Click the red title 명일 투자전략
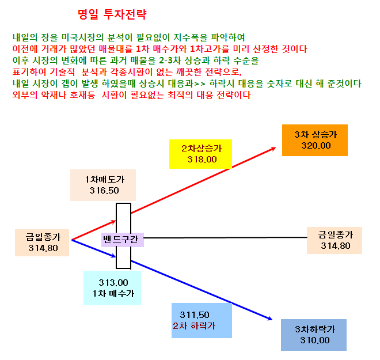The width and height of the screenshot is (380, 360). coord(112,14)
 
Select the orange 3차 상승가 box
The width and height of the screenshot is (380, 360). coord(315,140)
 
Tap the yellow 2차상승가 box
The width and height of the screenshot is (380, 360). coord(200,154)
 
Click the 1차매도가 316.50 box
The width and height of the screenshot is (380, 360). coord(103,185)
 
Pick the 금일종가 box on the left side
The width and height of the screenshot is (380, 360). coord(42,242)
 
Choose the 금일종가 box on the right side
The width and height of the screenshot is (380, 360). coord(335,240)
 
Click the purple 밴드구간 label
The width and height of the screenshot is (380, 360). coord(123,240)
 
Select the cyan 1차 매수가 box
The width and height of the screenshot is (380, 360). coord(112,288)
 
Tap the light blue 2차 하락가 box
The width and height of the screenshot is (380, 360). coord(202,320)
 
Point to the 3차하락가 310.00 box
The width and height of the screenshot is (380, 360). coord(314,335)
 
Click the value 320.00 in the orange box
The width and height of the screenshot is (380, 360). coord(316,146)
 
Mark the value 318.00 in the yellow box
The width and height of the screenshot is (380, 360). coord(202,160)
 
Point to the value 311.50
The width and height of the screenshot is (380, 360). coord(195,315)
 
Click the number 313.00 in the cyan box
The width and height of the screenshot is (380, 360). coord(113,283)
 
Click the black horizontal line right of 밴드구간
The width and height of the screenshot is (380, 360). coord(225,237)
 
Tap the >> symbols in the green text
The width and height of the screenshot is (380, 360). coord(200,84)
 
